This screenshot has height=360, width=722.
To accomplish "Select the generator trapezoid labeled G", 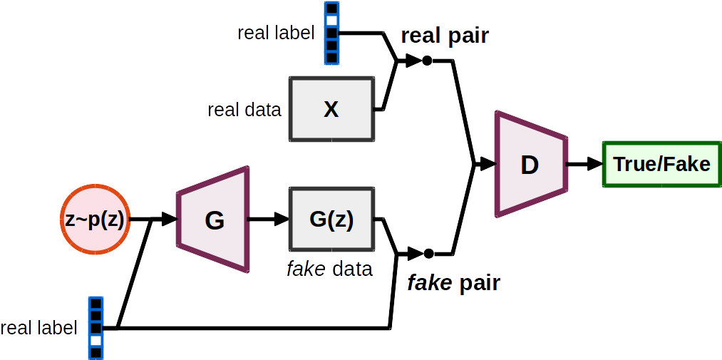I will [214, 220].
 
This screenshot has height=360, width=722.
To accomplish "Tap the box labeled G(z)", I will [331, 220].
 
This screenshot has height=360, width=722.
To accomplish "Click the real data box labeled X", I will [331, 109].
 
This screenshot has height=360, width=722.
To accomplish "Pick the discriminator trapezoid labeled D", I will [530, 165].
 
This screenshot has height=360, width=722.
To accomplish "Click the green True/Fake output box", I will [661, 165].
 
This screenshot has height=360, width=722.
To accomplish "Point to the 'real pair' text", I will [445, 36].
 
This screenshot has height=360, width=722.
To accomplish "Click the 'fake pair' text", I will [453, 283].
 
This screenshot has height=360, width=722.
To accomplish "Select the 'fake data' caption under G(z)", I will [329, 269].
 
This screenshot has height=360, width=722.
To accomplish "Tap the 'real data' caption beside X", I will [244, 110].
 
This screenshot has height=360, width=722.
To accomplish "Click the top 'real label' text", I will [275, 33].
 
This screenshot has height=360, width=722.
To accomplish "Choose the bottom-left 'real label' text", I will [38, 329].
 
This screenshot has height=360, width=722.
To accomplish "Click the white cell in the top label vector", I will [331, 21].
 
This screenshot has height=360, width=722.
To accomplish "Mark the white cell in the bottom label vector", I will [96, 341].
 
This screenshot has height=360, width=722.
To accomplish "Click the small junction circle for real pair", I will [427, 61].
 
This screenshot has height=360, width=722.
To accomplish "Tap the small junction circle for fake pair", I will [428, 253].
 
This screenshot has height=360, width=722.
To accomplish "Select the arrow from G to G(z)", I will [267, 220].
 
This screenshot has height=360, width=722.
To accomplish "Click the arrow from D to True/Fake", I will [584, 165].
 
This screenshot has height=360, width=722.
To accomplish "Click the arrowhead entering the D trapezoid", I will [488, 165].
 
